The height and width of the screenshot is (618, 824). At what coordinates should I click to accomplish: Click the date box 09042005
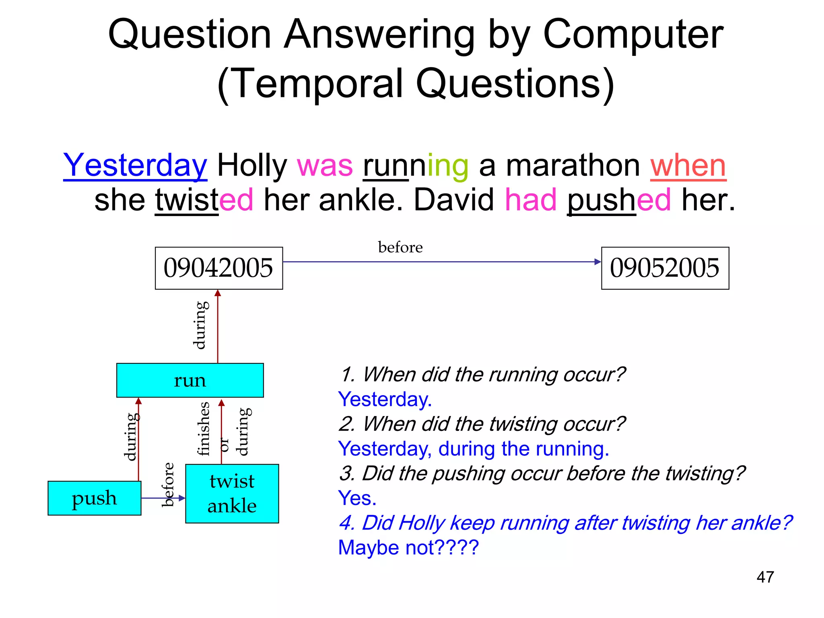(219, 268)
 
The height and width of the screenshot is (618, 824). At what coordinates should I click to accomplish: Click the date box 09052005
(665, 268)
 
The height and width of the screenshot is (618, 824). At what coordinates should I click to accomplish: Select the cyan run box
(190, 380)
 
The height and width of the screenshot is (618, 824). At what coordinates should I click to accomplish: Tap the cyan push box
(95, 498)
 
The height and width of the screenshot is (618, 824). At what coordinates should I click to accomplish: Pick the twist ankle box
(232, 493)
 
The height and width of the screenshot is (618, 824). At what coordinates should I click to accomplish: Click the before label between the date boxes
(400, 247)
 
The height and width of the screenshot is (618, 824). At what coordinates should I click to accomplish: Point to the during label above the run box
(200, 325)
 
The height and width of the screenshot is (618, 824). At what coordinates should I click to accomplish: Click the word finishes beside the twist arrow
(204, 428)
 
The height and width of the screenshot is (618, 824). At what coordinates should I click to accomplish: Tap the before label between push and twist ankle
(168, 484)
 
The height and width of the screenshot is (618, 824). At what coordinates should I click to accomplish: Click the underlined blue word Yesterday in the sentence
(135, 165)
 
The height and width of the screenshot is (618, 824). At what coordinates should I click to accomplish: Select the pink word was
(325, 165)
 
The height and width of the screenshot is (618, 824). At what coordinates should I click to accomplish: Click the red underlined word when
(688, 165)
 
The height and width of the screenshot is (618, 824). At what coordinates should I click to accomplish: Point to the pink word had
(531, 200)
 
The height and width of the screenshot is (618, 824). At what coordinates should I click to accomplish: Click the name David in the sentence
(454, 200)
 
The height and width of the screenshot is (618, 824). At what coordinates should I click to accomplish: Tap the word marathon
(573, 165)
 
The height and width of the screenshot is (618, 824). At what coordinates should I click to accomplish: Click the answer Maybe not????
(408, 548)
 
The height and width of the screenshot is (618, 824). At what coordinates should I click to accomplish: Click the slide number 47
(765, 577)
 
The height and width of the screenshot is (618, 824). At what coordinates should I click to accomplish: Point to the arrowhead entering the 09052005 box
(598, 262)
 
